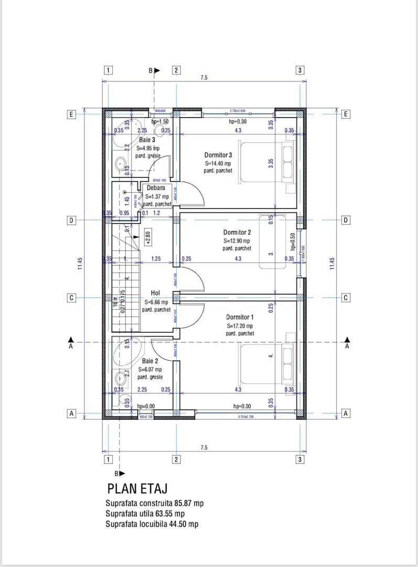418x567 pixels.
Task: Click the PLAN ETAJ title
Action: click(137, 488)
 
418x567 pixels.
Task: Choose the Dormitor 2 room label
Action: click(237, 232)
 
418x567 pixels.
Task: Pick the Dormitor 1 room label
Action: click(240, 317)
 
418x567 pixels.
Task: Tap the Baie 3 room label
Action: click(147, 140)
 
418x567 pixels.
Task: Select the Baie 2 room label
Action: click(150, 361)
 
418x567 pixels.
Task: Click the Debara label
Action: click(156, 187)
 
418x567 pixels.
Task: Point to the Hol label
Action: click(155, 293)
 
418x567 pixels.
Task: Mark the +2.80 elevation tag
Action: click(149, 239)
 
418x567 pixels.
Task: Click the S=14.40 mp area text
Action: click(218, 163)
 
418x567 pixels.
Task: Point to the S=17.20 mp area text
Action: click(240, 325)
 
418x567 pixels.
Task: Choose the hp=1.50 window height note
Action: click(159, 121)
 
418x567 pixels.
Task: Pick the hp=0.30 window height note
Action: click(238, 121)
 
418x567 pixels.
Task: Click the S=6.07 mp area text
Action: click(150, 369)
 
